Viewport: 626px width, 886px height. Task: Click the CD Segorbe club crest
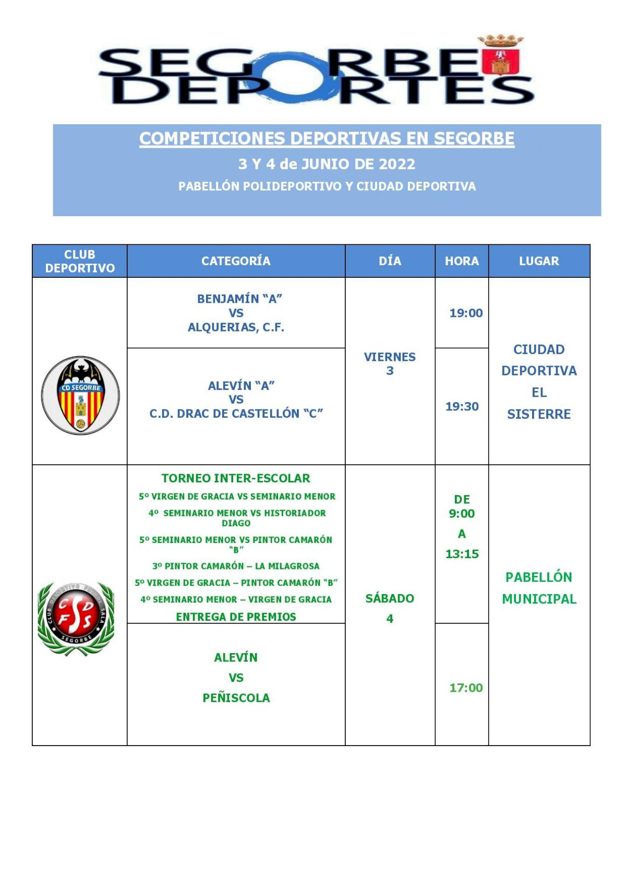click(80, 395)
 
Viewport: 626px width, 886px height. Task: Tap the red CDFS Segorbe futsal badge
click(76, 619)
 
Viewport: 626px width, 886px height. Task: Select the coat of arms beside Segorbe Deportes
click(501, 57)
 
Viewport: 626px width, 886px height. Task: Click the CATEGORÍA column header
click(236, 261)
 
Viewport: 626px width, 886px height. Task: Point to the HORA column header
click(462, 261)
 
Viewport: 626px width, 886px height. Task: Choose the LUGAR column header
click(539, 261)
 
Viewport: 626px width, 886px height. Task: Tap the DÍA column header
click(390, 261)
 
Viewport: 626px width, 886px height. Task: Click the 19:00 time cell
click(466, 313)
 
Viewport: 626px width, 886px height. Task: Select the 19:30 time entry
click(462, 407)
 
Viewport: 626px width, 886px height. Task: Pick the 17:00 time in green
click(466, 688)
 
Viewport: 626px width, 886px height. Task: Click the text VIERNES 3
click(390, 364)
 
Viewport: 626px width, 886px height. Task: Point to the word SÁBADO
click(390, 598)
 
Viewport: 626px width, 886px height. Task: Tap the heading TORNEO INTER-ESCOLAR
click(236, 478)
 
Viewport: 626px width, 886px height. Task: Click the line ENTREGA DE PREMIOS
click(236, 617)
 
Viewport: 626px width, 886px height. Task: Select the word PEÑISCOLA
click(236, 698)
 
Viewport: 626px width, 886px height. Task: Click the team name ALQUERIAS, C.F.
click(236, 327)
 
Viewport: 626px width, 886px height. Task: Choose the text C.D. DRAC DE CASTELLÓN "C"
click(236, 414)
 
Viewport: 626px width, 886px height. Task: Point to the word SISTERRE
click(539, 414)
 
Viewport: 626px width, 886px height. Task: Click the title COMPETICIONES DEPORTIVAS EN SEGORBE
click(327, 138)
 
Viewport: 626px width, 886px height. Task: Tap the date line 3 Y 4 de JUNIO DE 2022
click(327, 164)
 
